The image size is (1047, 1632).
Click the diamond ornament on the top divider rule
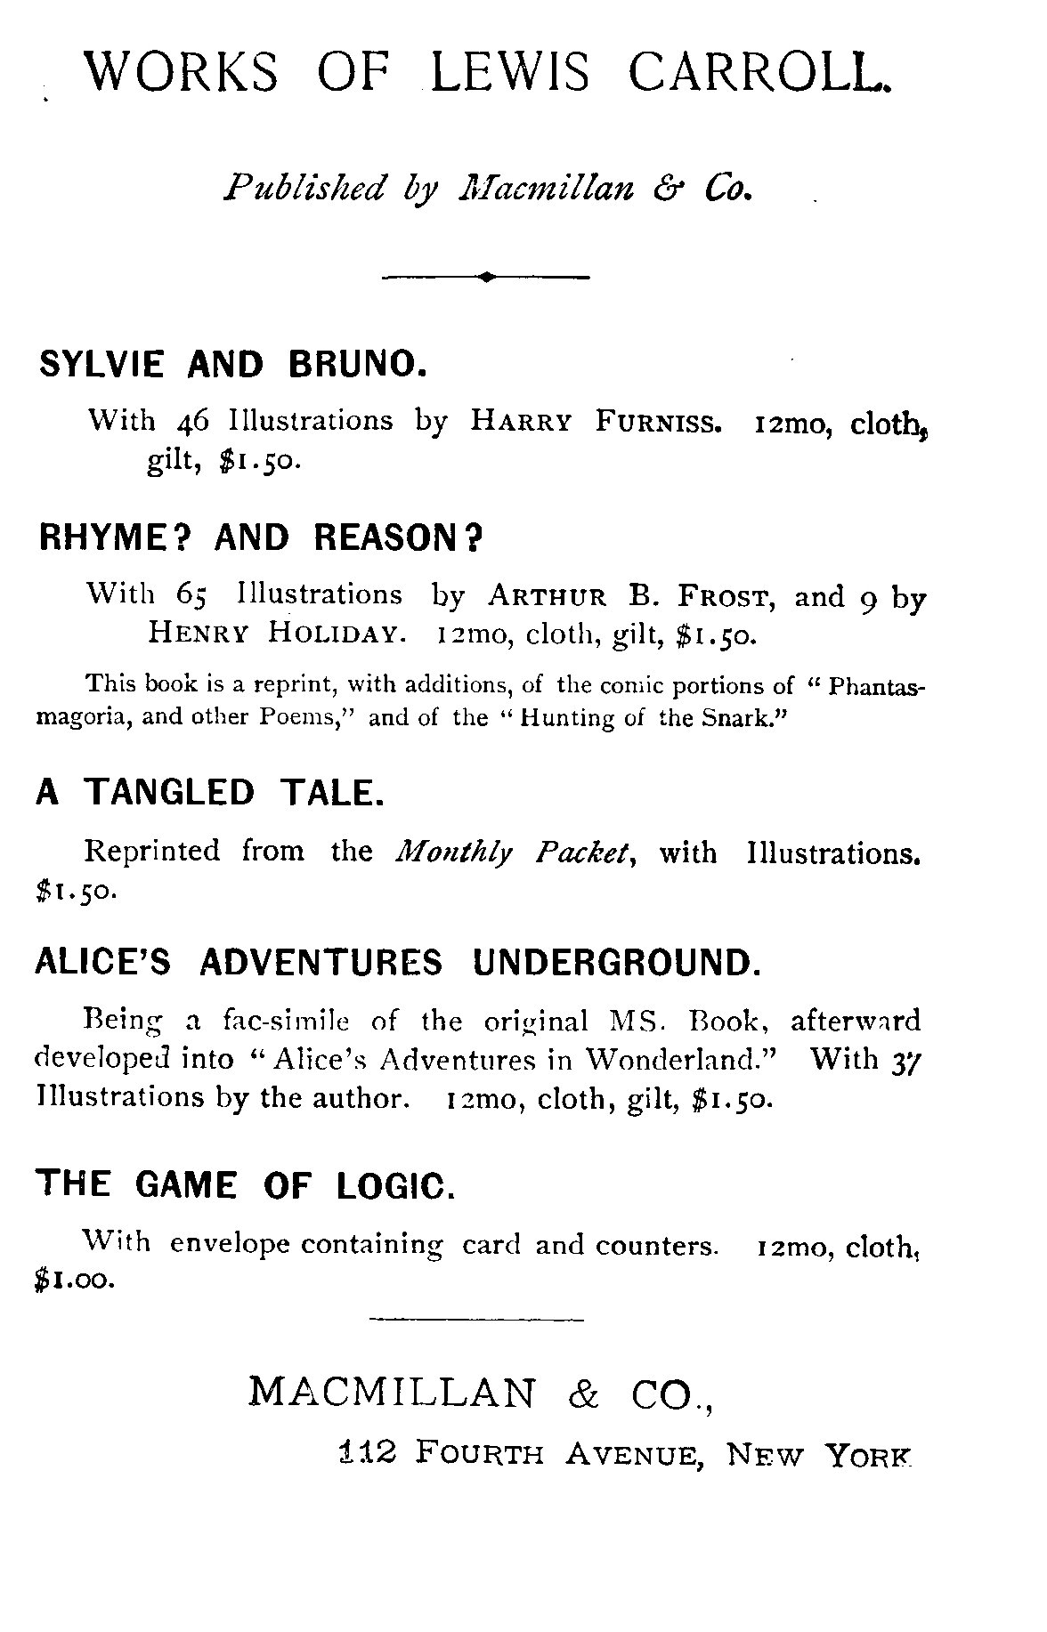click(x=486, y=278)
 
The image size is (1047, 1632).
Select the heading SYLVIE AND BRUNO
click(x=230, y=364)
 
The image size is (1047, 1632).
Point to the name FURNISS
click(x=658, y=422)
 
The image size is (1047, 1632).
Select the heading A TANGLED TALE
click(x=210, y=791)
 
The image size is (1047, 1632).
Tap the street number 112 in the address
click(x=367, y=1452)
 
